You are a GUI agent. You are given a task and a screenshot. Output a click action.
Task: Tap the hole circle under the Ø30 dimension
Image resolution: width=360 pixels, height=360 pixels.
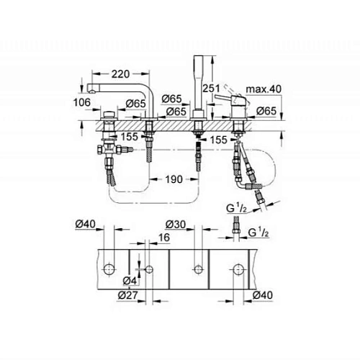198,270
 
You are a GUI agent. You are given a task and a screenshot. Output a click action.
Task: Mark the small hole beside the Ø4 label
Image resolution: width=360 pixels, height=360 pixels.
148,270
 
